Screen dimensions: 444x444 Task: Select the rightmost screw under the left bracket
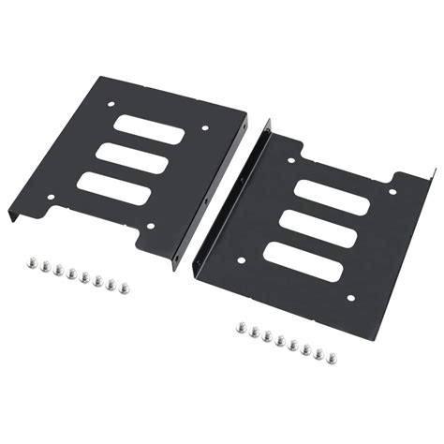click(119, 285)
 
